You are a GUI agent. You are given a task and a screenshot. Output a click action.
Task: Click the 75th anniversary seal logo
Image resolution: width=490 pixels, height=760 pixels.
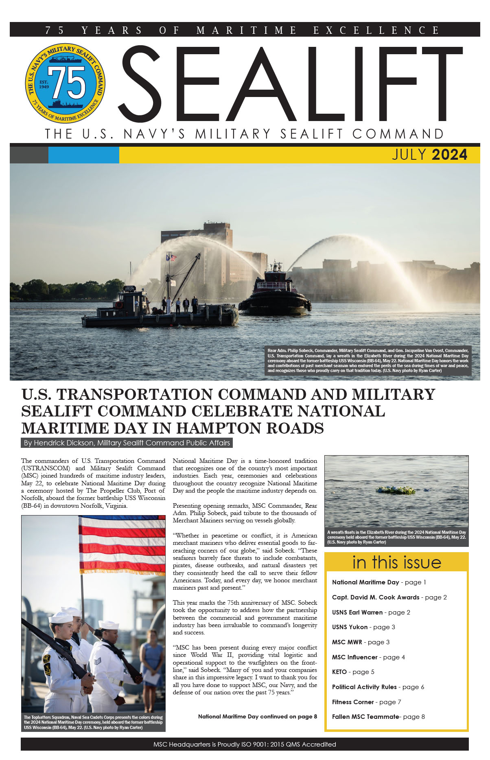(x=65, y=83)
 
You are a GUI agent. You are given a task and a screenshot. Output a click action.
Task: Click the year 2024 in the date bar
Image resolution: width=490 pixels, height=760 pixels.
(x=449, y=155)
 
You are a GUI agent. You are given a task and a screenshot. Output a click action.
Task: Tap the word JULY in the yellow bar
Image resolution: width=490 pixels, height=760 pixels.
(x=409, y=155)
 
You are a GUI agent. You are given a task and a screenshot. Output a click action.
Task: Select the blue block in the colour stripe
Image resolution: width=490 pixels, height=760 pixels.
(x=83, y=155)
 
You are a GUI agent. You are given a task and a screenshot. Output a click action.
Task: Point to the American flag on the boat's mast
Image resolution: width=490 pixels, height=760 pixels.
(x=173, y=258)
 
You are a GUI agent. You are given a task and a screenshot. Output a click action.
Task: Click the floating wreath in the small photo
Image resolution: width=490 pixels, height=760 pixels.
(x=395, y=490)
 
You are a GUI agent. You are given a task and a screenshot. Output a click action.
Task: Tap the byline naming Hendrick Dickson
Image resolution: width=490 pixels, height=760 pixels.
(x=127, y=443)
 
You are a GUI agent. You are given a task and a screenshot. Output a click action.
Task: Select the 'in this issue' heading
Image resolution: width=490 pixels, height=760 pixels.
(x=396, y=562)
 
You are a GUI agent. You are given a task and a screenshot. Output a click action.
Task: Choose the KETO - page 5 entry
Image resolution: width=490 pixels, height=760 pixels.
(x=353, y=672)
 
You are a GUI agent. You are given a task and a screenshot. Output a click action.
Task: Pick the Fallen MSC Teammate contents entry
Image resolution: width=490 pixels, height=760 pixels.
(x=378, y=717)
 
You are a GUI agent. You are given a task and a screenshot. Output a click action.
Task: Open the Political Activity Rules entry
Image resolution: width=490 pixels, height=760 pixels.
(x=378, y=687)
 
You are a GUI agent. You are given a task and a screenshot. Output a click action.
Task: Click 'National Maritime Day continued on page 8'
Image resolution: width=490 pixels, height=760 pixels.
(x=257, y=716)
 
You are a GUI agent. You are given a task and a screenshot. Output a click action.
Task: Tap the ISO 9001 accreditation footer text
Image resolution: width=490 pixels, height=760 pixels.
(x=245, y=745)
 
